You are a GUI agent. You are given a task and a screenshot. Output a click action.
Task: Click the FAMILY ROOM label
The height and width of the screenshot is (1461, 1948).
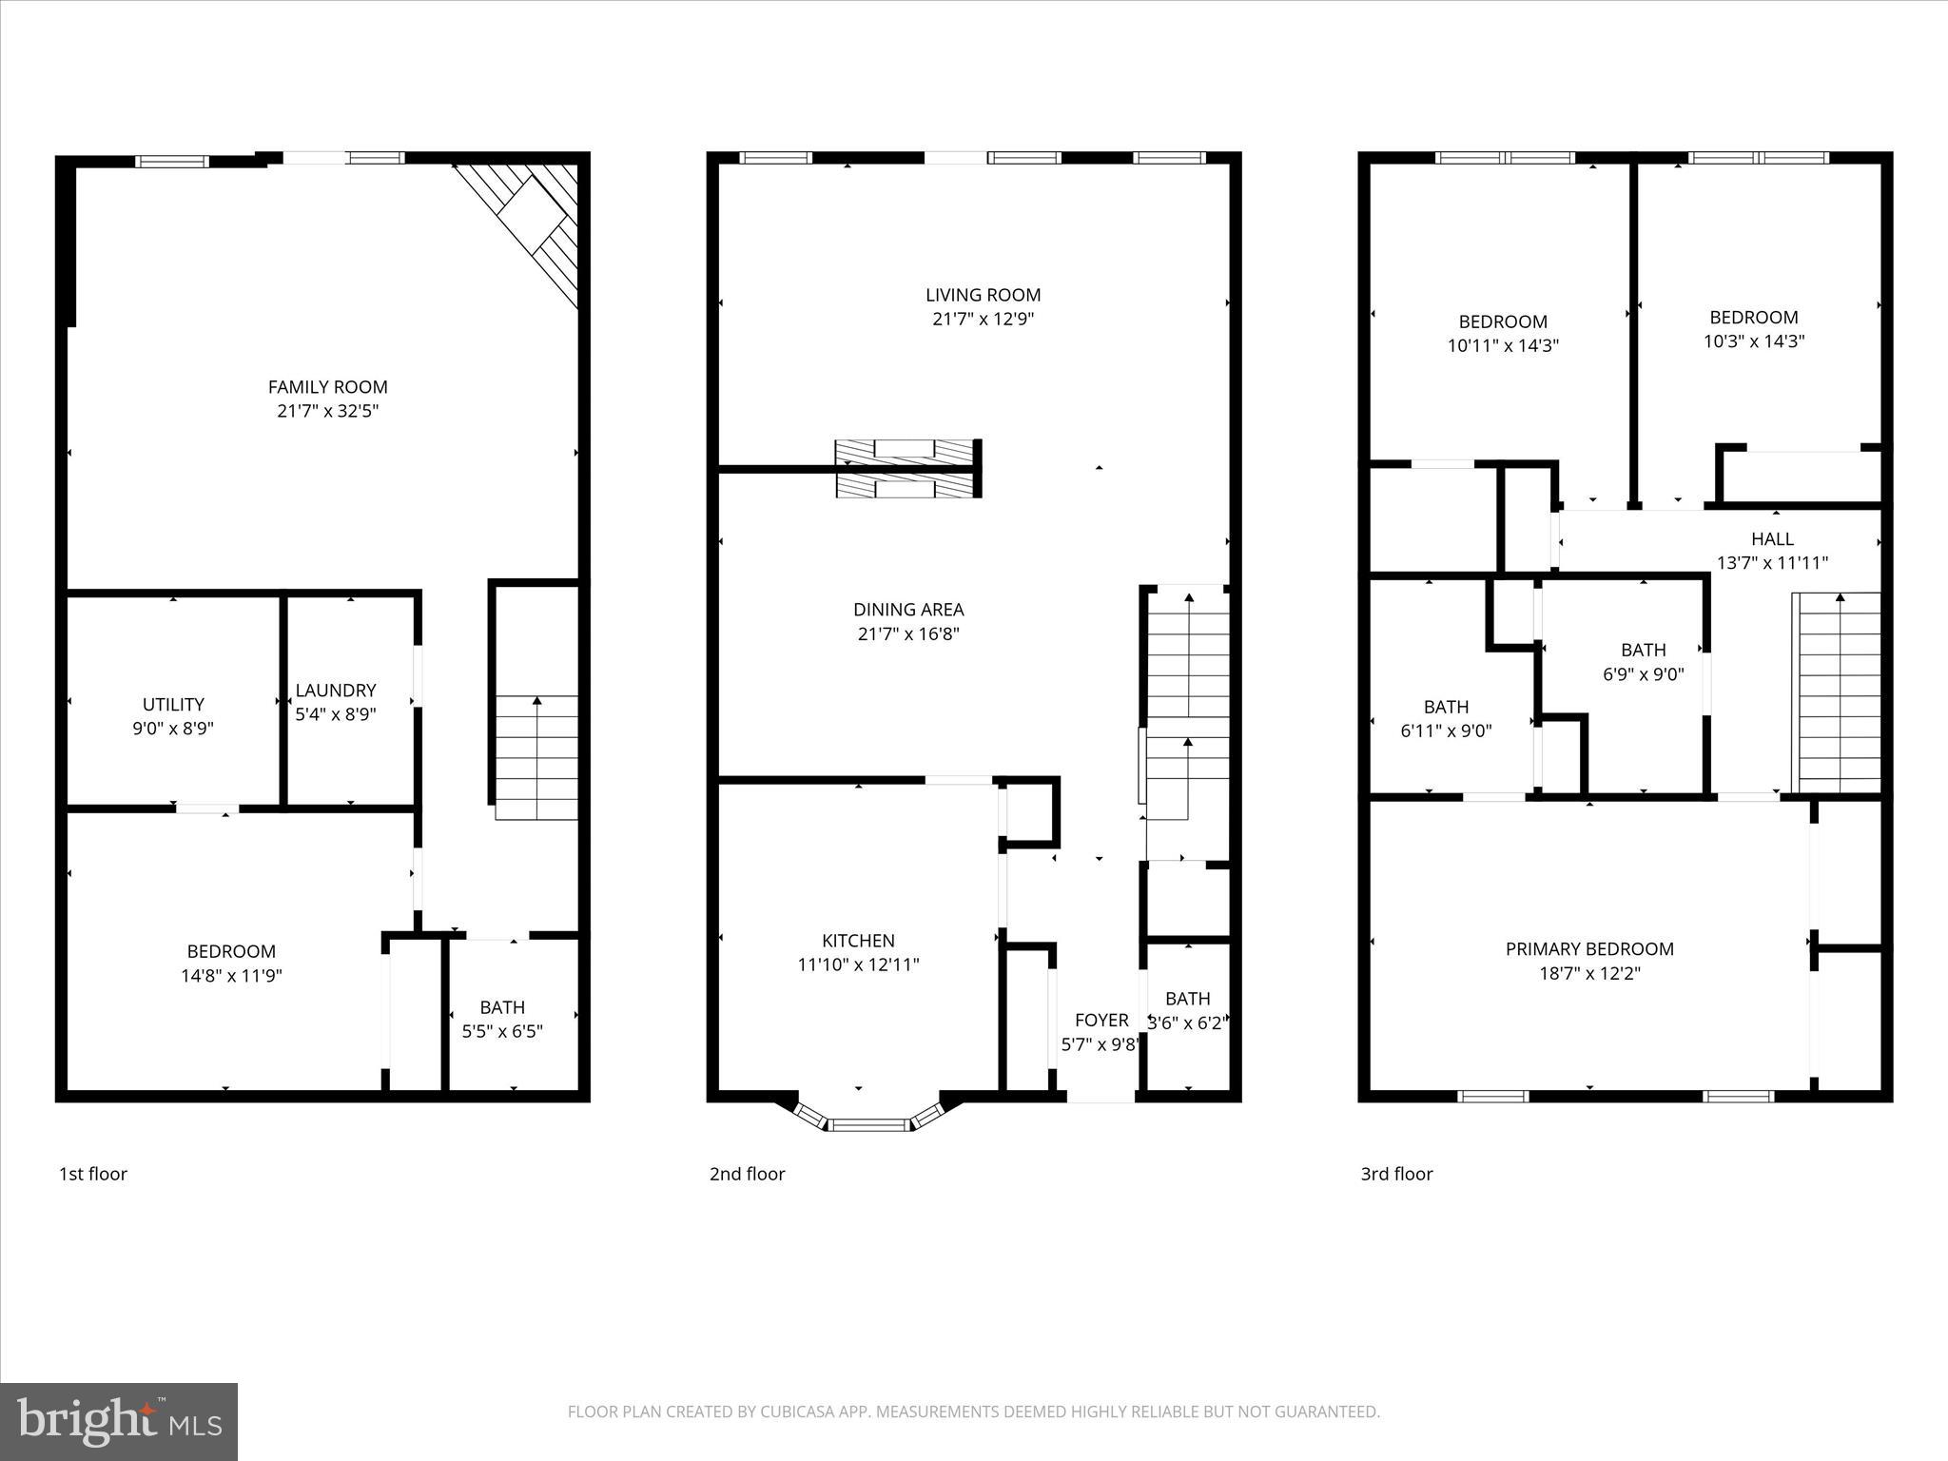coord(327,387)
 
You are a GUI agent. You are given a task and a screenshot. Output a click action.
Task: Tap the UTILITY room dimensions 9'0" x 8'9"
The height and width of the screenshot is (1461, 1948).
coord(173,729)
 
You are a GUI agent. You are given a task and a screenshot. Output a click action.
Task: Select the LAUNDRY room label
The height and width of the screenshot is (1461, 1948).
coord(335,691)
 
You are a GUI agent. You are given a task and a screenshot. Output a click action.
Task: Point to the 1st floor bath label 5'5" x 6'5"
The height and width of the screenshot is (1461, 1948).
coord(502,1031)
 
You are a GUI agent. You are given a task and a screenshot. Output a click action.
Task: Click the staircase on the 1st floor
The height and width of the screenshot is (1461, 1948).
coord(536,756)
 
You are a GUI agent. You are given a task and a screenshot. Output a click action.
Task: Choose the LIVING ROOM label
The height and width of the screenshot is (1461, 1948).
coord(983,295)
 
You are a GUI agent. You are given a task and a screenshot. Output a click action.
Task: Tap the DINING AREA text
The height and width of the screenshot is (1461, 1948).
coord(908,610)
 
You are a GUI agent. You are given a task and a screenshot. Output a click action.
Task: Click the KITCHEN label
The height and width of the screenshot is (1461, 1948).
coord(858,941)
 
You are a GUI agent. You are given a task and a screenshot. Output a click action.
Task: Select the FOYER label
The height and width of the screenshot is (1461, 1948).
coord(1101,1021)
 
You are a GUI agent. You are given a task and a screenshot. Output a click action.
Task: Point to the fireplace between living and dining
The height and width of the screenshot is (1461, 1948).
coord(906,468)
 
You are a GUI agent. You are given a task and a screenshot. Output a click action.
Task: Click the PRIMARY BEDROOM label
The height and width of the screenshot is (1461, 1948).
coord(1589,948)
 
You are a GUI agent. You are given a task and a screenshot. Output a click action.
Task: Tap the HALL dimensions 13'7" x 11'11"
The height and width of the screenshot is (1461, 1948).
coord(1772,563)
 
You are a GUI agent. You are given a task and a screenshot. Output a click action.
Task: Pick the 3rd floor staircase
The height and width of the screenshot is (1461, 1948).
coord(1838,692)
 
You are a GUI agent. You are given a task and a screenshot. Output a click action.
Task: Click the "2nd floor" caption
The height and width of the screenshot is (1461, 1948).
coord(747,1174)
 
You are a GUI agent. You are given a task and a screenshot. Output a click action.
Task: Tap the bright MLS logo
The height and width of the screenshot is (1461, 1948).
coord(118,1421)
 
